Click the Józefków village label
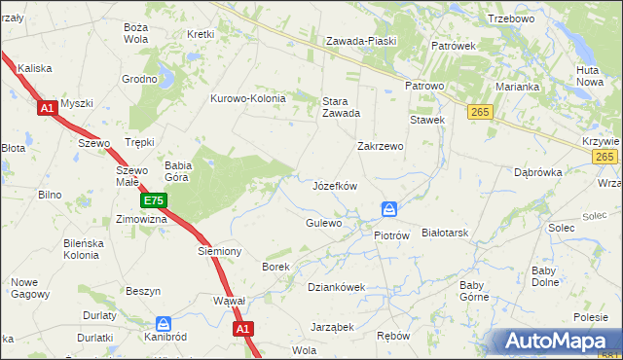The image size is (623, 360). click(335, 186)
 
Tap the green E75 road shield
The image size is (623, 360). click(153, 201)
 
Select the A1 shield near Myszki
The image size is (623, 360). click(48, 109)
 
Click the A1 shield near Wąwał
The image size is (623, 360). click(243, 330)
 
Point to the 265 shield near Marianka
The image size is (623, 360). click(480, 113)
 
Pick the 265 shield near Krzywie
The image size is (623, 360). click(605, 157)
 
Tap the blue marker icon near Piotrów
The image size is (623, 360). click(389, 209)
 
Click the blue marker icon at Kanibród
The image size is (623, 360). click(164, 323)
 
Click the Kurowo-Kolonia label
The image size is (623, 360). click(248, 98)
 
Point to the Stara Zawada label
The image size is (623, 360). click(341, 105)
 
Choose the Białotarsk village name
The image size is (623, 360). click(446, 234)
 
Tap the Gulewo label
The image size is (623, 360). click(324, 223)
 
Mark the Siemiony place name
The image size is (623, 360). click(219, 251)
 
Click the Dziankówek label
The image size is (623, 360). click(336, 287)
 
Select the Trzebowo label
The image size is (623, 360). click(512, 18)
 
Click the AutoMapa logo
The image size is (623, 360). click(560, 342)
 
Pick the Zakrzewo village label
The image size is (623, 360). click(381, 146)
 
